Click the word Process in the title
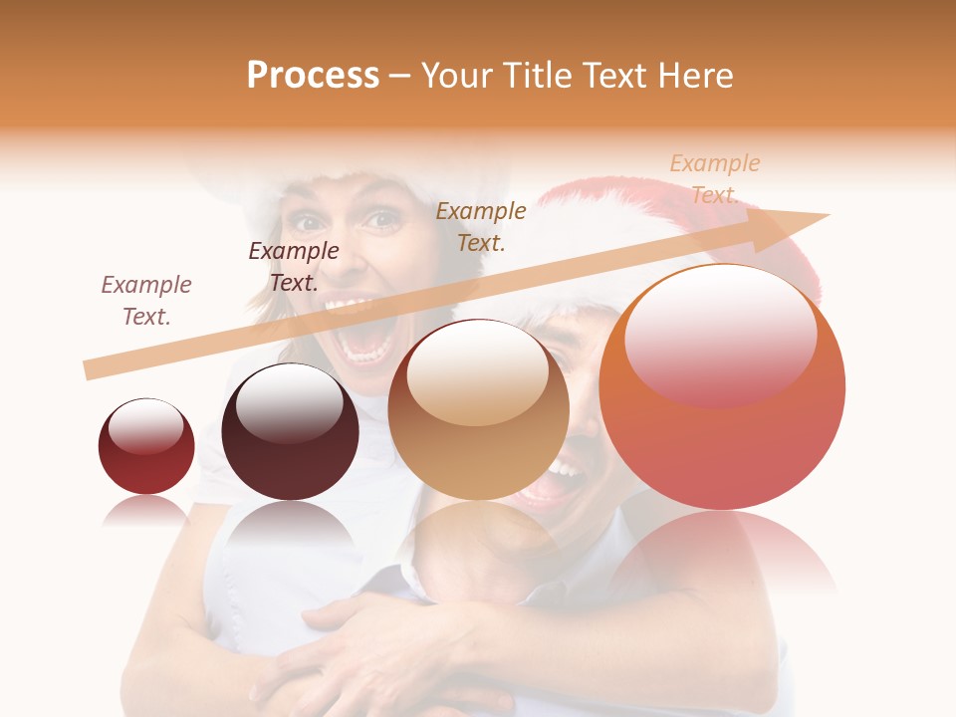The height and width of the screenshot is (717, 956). coord(313,76)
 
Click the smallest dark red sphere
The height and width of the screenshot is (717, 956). coord(146,446)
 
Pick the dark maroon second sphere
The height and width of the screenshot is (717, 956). coord(290,431)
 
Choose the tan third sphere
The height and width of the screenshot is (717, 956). coord(478,410)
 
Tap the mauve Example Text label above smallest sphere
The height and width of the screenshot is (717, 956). coord(146,300)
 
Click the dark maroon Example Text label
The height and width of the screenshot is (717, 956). coord(294,266)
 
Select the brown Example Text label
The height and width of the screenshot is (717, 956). coord(481,226)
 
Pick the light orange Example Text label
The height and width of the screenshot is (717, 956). coord(714,178)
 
